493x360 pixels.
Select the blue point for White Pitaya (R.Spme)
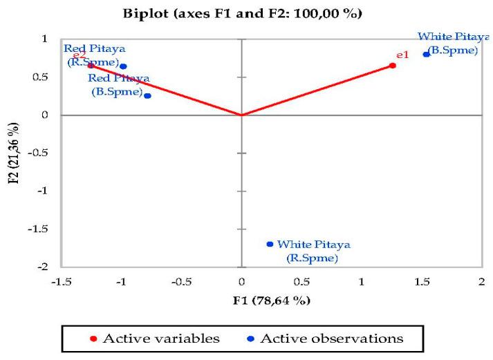[270, 244]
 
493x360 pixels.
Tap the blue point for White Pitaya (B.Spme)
[426, 54]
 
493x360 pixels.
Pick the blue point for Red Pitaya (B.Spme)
[147, 95]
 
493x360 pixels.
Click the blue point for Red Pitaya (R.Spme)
[123, 66]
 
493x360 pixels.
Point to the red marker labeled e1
[393, 66]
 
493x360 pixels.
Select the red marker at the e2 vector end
[91, 66]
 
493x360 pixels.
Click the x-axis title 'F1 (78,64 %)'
[271, 301]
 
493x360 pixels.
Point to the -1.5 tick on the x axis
[62, 282]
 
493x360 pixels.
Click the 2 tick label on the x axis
[481, 282]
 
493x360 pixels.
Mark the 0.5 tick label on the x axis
[301, 282]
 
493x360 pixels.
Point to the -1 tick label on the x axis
[122, 282]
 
